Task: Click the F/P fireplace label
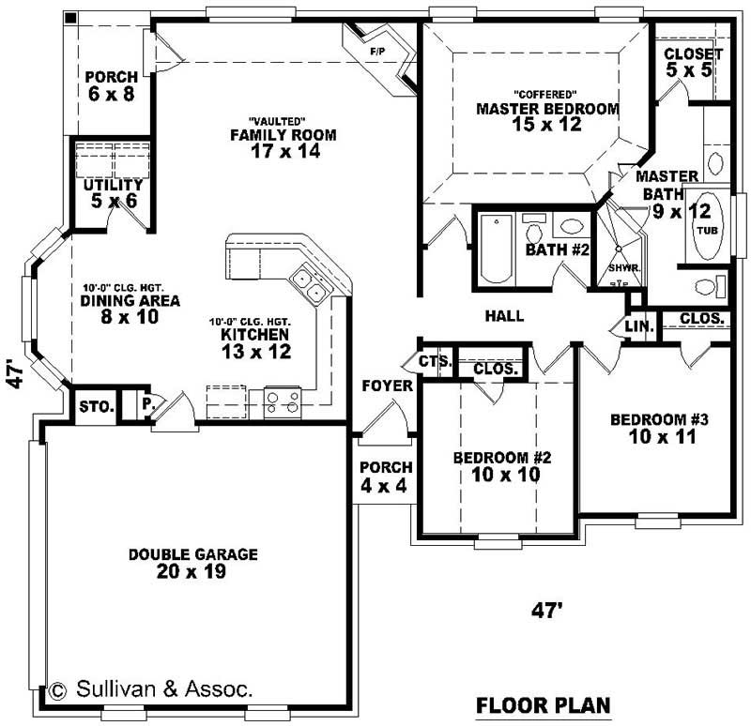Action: tap(379, 49)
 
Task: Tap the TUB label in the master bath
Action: tap(706, 228)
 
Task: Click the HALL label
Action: tap(504, 316)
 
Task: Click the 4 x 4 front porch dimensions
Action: tap(385, 486)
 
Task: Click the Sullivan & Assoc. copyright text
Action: tap(152, 689)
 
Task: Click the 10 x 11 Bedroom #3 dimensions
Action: tap(651, 436)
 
